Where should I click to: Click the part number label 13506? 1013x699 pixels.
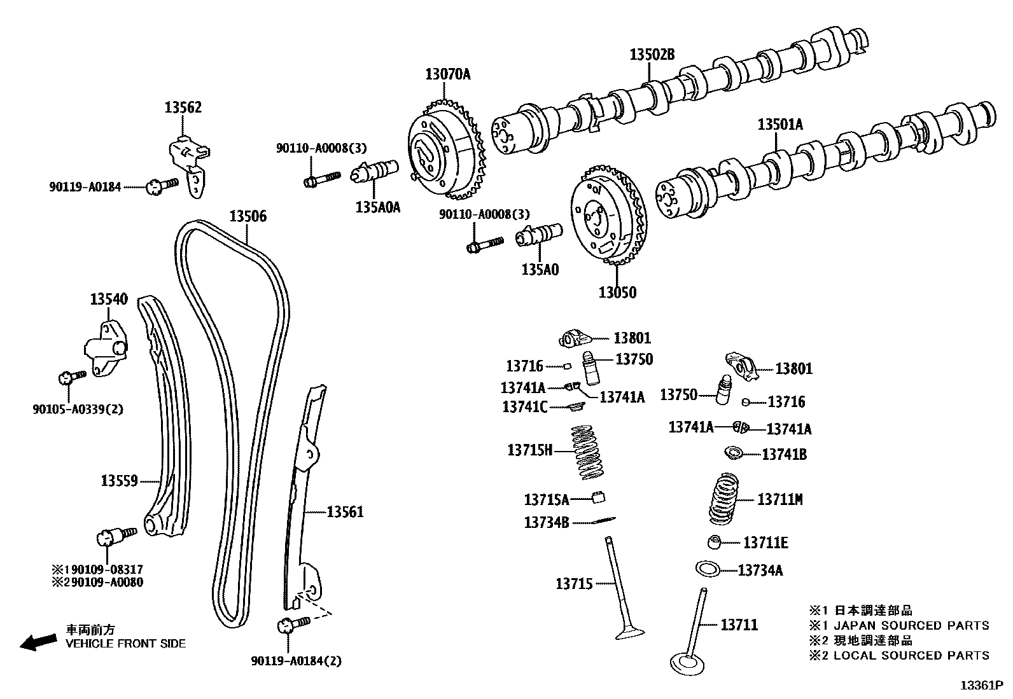pos(248,217)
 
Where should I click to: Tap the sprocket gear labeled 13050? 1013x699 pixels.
pos(604,216)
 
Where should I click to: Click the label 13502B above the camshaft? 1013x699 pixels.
pos(652,55)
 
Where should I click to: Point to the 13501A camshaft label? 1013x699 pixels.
pos(779,124)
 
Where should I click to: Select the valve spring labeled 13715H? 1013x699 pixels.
pos(587,451)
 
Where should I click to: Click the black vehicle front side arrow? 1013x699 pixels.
pos(37,642)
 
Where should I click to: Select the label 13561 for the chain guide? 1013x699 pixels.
pos(345,511)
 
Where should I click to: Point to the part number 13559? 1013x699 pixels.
pos(119,480)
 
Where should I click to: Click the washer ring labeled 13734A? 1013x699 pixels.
pos(707,568)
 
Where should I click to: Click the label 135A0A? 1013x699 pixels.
pos(377,207)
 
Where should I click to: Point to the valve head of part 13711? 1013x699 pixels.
pos(688,663)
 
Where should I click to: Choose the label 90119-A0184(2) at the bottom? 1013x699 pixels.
pos(296,661)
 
